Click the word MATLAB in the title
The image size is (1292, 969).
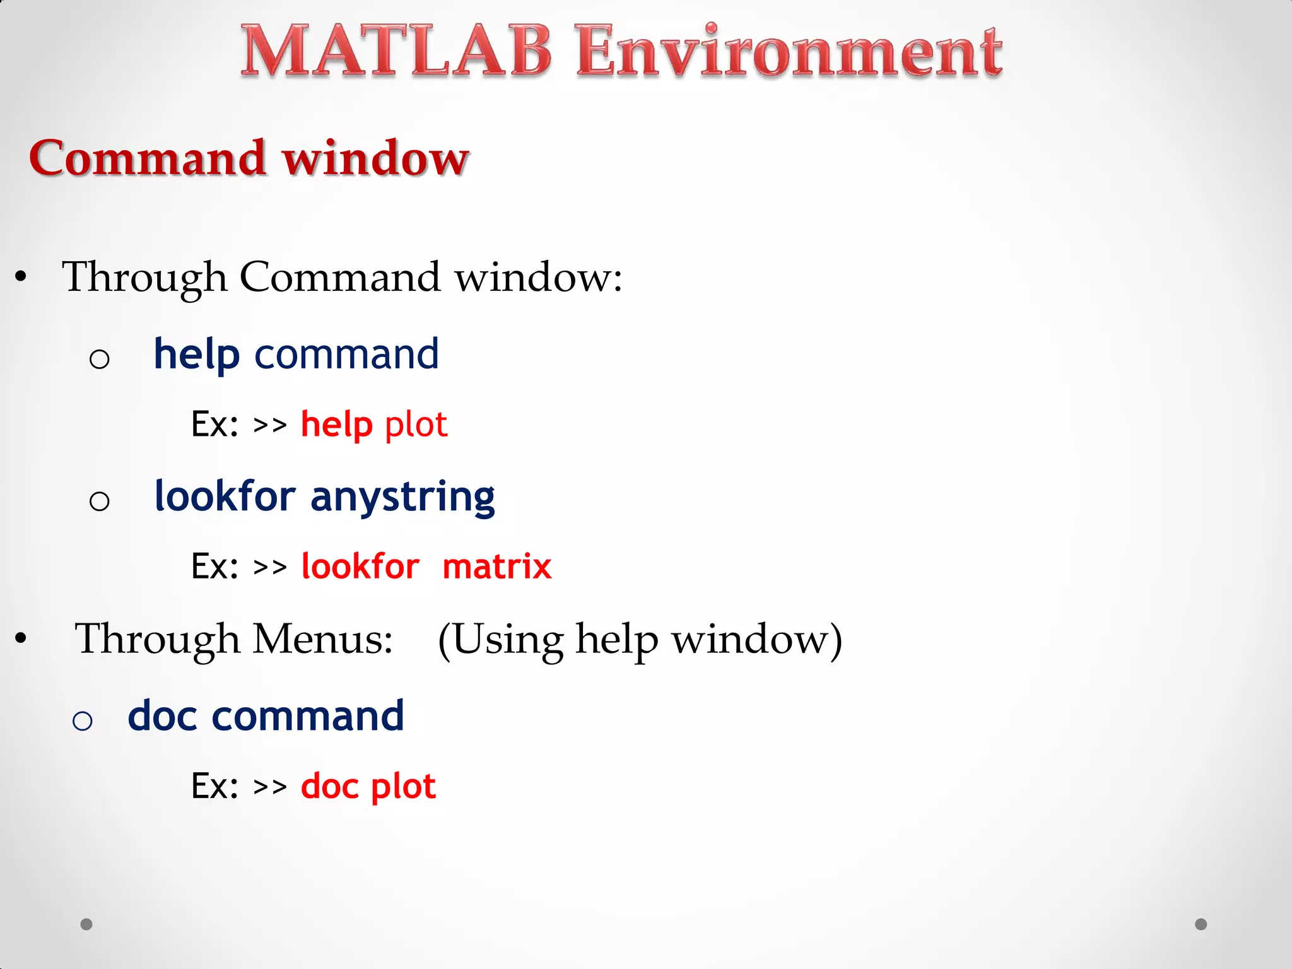click(396, 52)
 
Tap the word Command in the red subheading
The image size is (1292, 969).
click(147, 158)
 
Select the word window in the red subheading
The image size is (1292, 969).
click(376, 158)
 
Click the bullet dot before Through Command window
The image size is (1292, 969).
click(21, 277)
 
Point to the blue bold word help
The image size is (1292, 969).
click(197, 355)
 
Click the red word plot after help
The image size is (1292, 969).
click(416, 425)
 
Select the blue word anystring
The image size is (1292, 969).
click(402, 497)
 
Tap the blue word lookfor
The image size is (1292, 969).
click(225, 496)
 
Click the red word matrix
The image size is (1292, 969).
click(496, 567)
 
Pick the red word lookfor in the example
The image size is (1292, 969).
click(360, 567)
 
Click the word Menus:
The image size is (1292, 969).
click(322, 638)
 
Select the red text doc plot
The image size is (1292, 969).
click(368, 787)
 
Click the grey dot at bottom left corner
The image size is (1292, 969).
click(86, 924)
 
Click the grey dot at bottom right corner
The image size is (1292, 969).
click(1201, 924)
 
